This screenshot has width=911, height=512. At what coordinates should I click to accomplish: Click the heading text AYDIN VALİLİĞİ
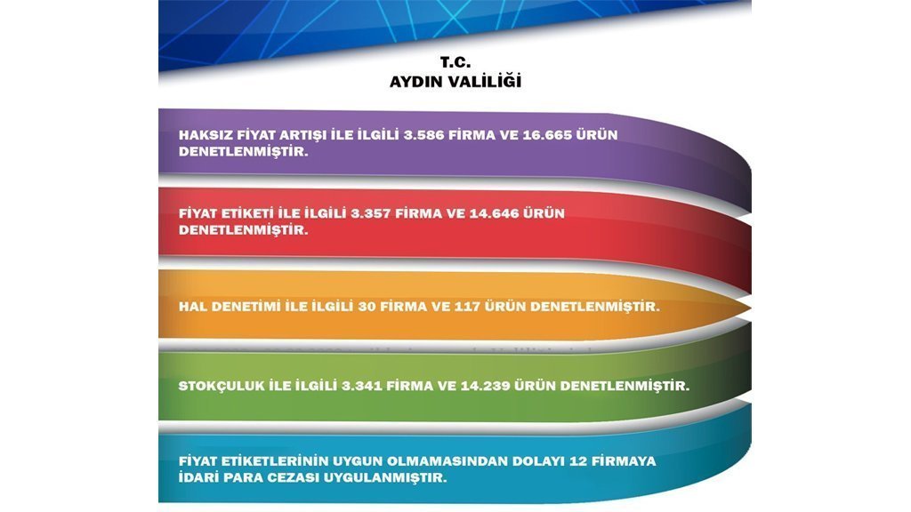[455, 81]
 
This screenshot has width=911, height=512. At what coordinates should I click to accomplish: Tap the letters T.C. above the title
[455, 62]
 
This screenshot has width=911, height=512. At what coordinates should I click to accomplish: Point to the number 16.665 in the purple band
[546, 135]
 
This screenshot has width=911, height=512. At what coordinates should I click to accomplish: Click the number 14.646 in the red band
[493, 213]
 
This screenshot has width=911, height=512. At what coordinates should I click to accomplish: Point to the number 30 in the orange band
[367, 307]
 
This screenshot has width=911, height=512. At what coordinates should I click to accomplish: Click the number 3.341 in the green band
[361, 386]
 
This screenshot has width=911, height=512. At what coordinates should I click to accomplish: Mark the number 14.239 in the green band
[485, 386]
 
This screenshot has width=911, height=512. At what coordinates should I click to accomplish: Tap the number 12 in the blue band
[578, 461]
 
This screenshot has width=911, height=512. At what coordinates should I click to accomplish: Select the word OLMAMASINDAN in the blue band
[447, 461]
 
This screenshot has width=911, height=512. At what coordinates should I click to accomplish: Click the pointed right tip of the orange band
[751, 306]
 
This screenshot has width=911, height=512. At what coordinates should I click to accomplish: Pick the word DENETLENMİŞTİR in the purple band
[244, 151]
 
